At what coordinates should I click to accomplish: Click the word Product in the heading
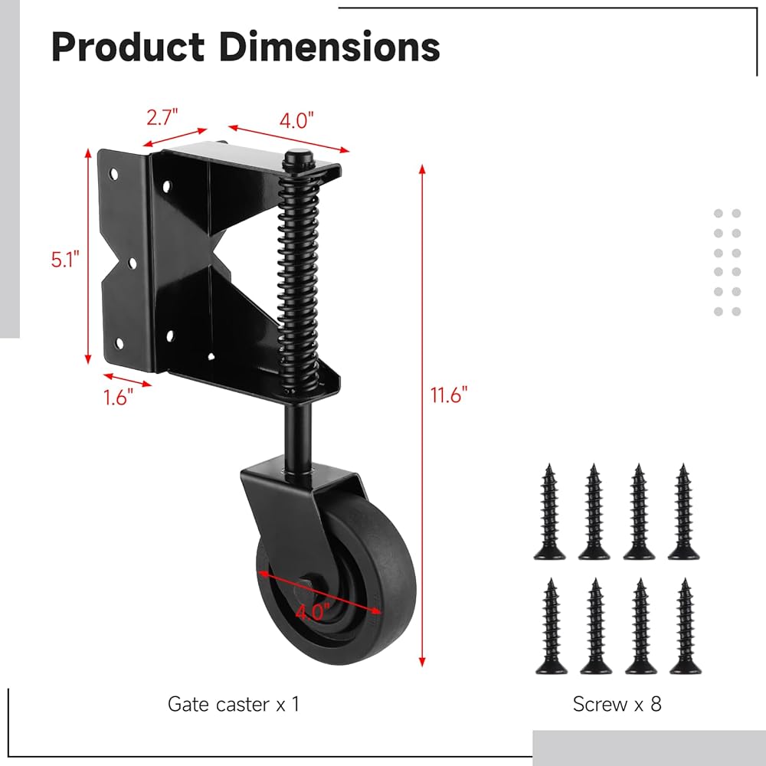tap(128, 47)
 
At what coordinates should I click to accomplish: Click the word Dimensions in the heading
tap(329, 47)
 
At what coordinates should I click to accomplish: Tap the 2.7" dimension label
tap(162, 117)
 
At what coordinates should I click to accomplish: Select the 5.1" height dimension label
tap(65, 259)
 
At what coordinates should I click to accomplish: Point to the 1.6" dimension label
tap(118, 397)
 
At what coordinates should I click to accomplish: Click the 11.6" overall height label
tap(449, 394)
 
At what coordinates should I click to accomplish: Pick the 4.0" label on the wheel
tap(313, 611)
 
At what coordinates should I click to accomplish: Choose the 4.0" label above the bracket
tap(296, 120)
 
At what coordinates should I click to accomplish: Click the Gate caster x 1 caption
tap(233, 704)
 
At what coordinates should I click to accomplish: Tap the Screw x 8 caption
tap(617, 704)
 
